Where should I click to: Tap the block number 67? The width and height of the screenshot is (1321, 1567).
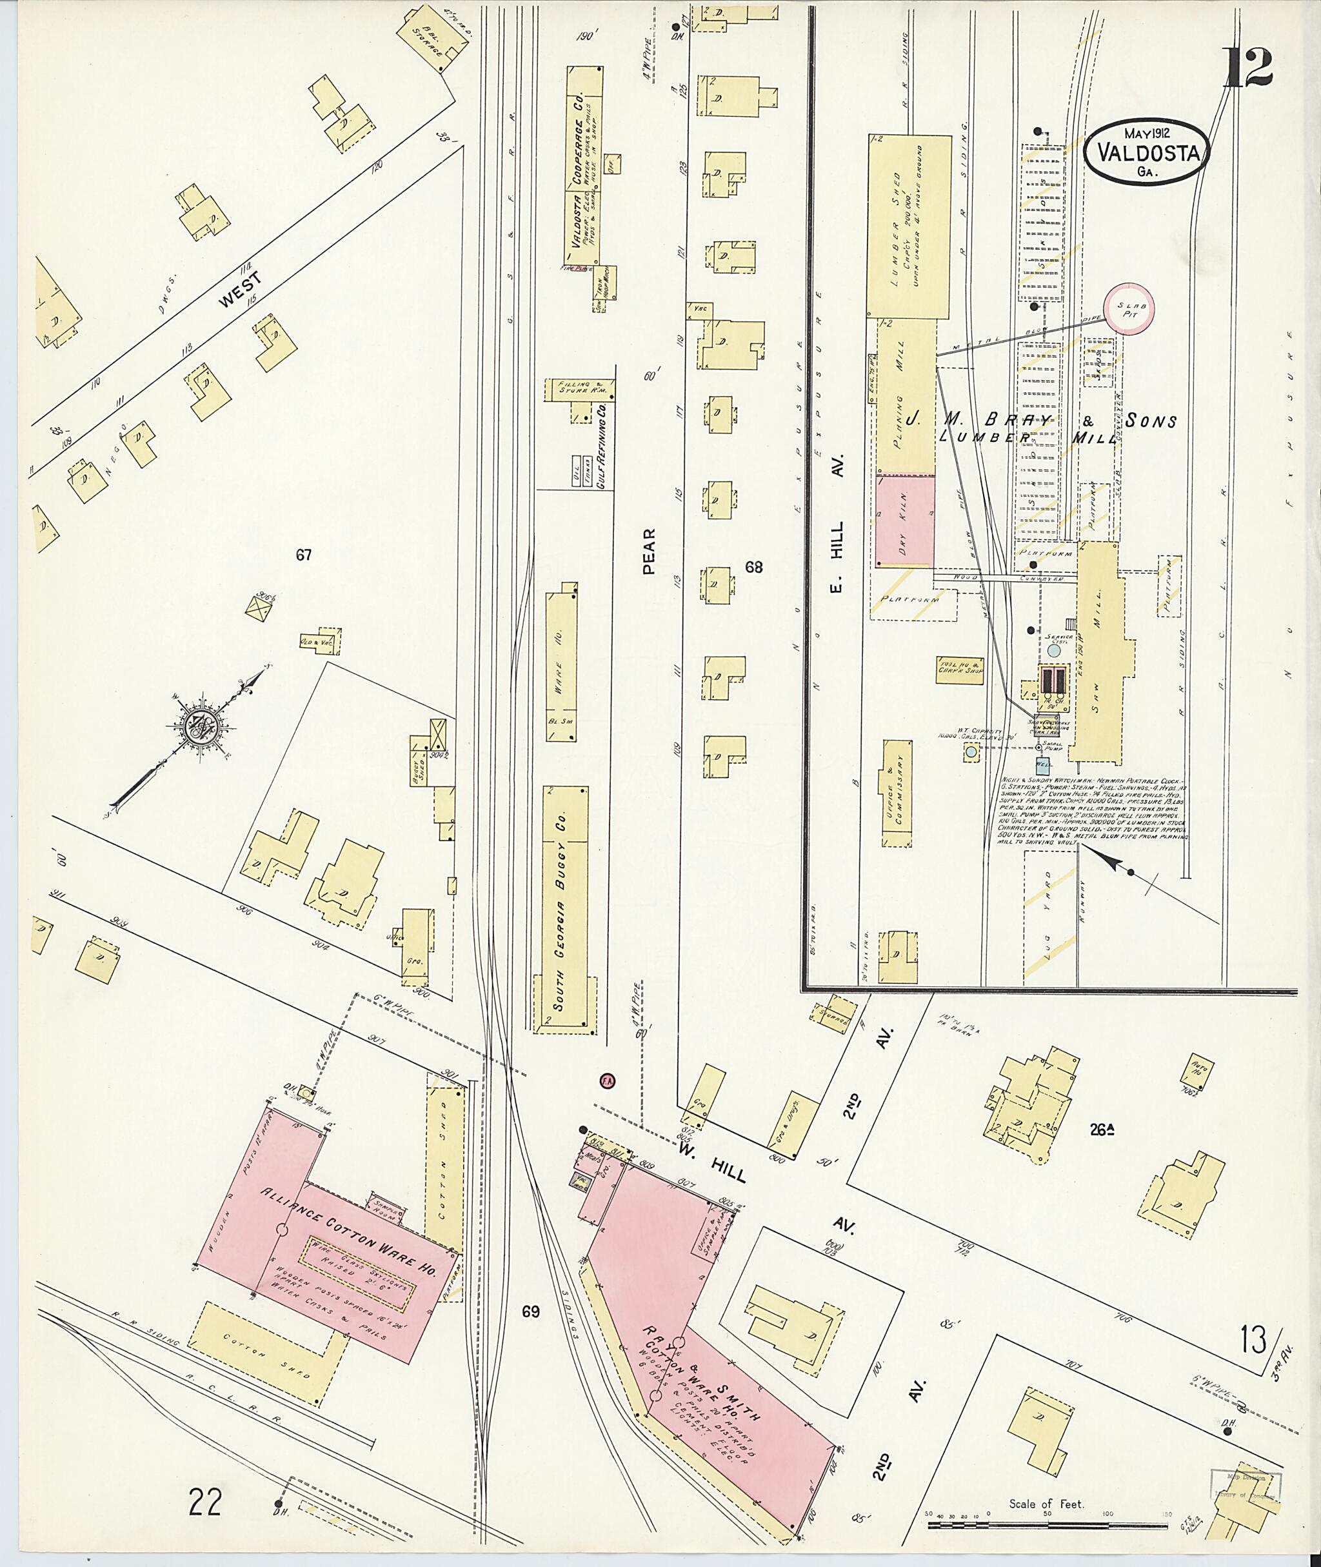(x=303, y=555)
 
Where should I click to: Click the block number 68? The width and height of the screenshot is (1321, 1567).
(x=753, y=567)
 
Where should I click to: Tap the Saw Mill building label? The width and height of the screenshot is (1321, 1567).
(x=1097, y=651)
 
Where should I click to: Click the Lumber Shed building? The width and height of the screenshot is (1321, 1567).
(x=908, y=225)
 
